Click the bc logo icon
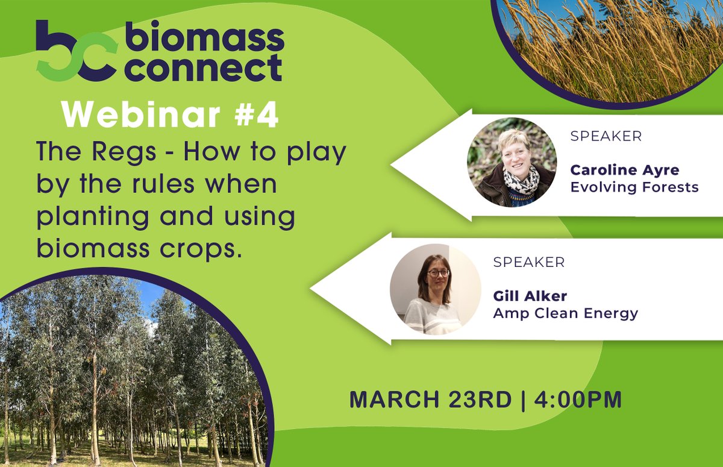click(x=76, y=52)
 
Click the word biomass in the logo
click(x=205, y=41)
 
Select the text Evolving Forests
click(x=634, y=187)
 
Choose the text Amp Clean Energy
click(x=565, y=313)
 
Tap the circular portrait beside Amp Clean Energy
click(x=435, y=289)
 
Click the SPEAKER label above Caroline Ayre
click(x=606, y=136)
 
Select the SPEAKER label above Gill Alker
click(x=528, y=263)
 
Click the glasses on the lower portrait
click(x=438, y=273)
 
